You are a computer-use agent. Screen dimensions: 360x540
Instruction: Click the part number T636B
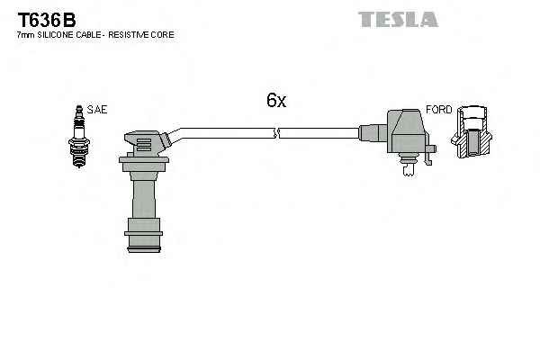(x=43, y=17)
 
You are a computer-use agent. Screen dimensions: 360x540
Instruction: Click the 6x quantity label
(x=276, y=101)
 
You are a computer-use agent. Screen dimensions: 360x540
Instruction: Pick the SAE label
(x=97, y=110)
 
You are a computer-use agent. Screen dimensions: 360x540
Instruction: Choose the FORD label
(x=438, y=110)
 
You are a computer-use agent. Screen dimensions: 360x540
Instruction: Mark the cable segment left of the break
(x=225, y=130)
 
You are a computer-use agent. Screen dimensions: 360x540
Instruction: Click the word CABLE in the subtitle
(x=94, y=34)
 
